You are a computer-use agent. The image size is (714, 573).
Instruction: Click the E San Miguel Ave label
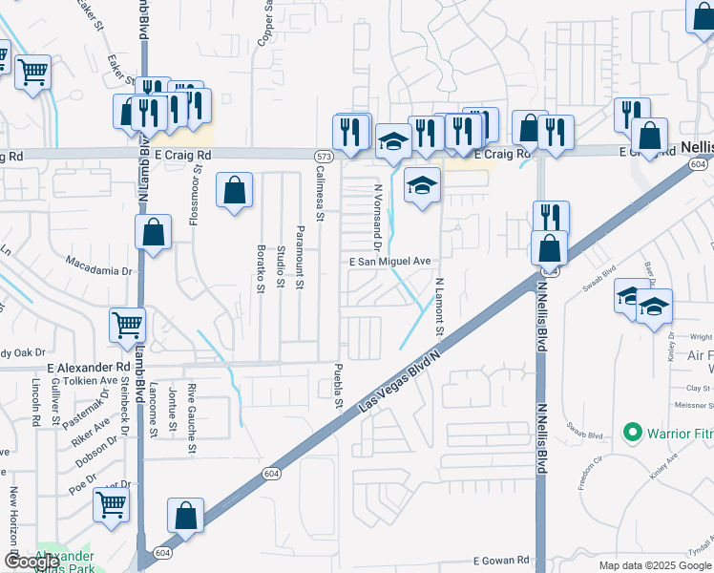[390, 261]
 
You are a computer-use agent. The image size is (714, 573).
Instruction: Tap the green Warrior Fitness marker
[631, 434]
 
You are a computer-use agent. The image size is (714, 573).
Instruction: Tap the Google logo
[31, 561]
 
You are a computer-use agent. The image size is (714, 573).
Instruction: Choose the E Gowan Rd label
[500, 561]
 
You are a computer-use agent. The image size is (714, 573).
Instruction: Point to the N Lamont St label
[440, 307]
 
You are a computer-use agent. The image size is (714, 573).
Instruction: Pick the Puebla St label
[338, 388]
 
